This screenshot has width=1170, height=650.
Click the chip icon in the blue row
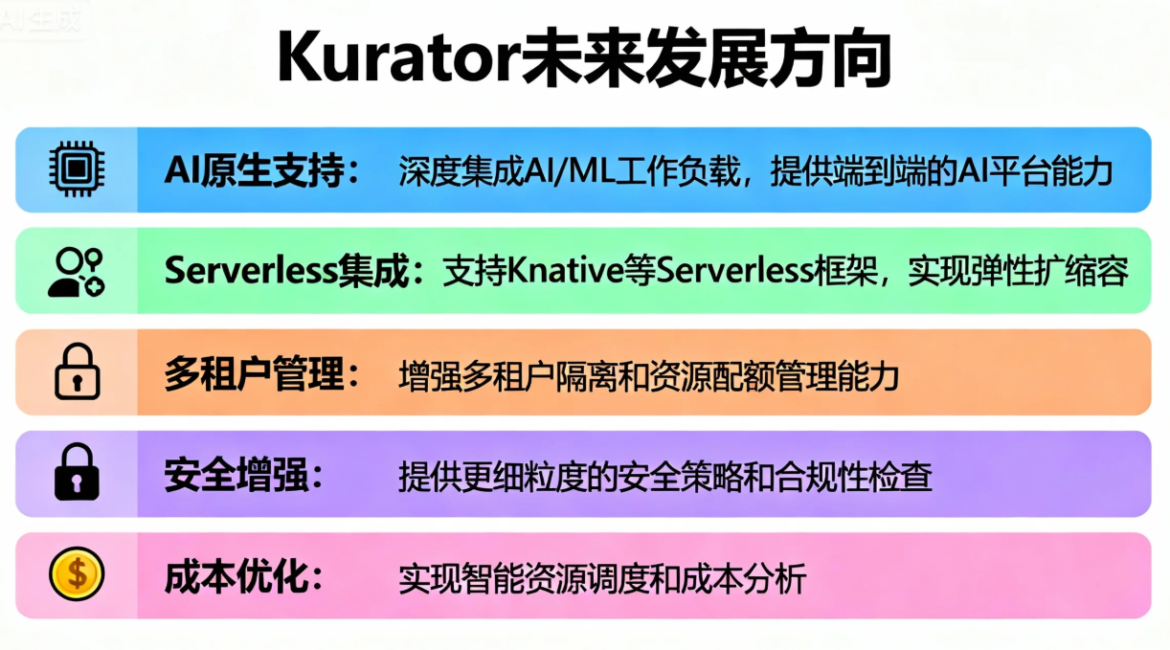tap(77, 169)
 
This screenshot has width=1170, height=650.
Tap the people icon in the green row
tap(77, 271)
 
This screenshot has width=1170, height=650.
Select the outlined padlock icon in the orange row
tap(77, 371)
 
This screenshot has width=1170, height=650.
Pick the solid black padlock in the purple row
tap(77, 473)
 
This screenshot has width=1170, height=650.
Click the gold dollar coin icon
tap(77, 574)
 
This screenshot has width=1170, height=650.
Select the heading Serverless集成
tap(287, 271)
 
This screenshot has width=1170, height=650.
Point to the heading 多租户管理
tap(254, 373)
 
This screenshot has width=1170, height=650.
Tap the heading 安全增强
tap(236, 475)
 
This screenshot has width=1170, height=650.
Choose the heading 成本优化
tap(236, 576)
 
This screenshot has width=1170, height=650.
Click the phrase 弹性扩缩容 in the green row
tap(1044, 271)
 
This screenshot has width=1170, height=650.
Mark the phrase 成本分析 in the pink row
tap(760, 577)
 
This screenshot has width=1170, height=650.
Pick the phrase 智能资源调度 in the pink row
tap(535, 577)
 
